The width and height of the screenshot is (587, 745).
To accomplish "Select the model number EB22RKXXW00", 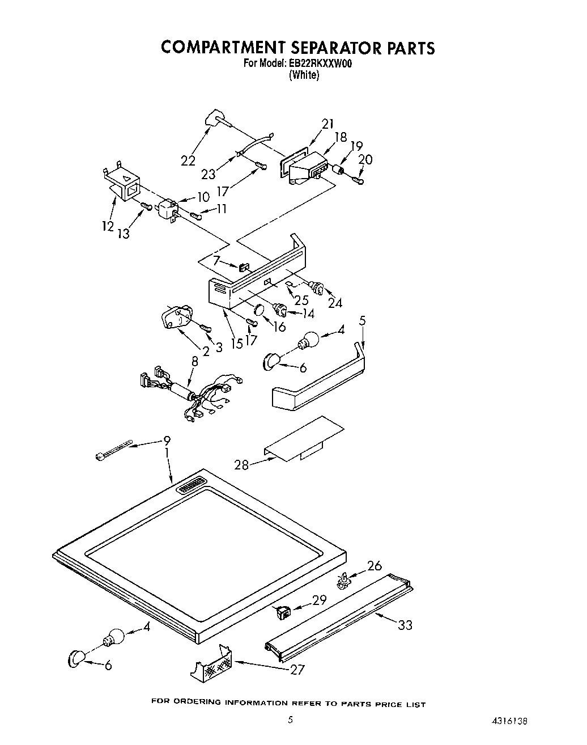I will pyautogui.click(x=320, y=64).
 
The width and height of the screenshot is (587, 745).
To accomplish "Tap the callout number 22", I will pyautogui.click(x=188, y=160).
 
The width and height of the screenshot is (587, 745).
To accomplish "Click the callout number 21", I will pyautogui.click(x=327, y=124).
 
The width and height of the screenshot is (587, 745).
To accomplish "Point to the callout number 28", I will pyautogui.click(x=242, y=465).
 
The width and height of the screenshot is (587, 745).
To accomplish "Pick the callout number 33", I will pyautogui.click(x=405, y=625).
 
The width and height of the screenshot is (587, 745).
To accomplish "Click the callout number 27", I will pyautogui.click(x=297, y=670).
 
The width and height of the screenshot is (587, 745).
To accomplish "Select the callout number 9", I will pyautogui.click(x=167, y=440).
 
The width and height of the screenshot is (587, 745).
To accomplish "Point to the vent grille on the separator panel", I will pyautogui.click(x=192, y=485).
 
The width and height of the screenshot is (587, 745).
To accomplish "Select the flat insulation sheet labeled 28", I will pyautogui.click(x=305, y=438).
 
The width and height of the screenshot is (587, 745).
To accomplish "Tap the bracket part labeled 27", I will pyautogui.click(x=211, y=662).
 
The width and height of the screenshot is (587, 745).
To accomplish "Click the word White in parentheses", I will pyautogui.click(x=304, y=75).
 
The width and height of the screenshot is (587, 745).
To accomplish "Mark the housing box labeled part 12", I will pyautogui.click(x=124, y=182).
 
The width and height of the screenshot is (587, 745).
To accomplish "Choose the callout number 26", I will pyautogui.click(x=375, y=566).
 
